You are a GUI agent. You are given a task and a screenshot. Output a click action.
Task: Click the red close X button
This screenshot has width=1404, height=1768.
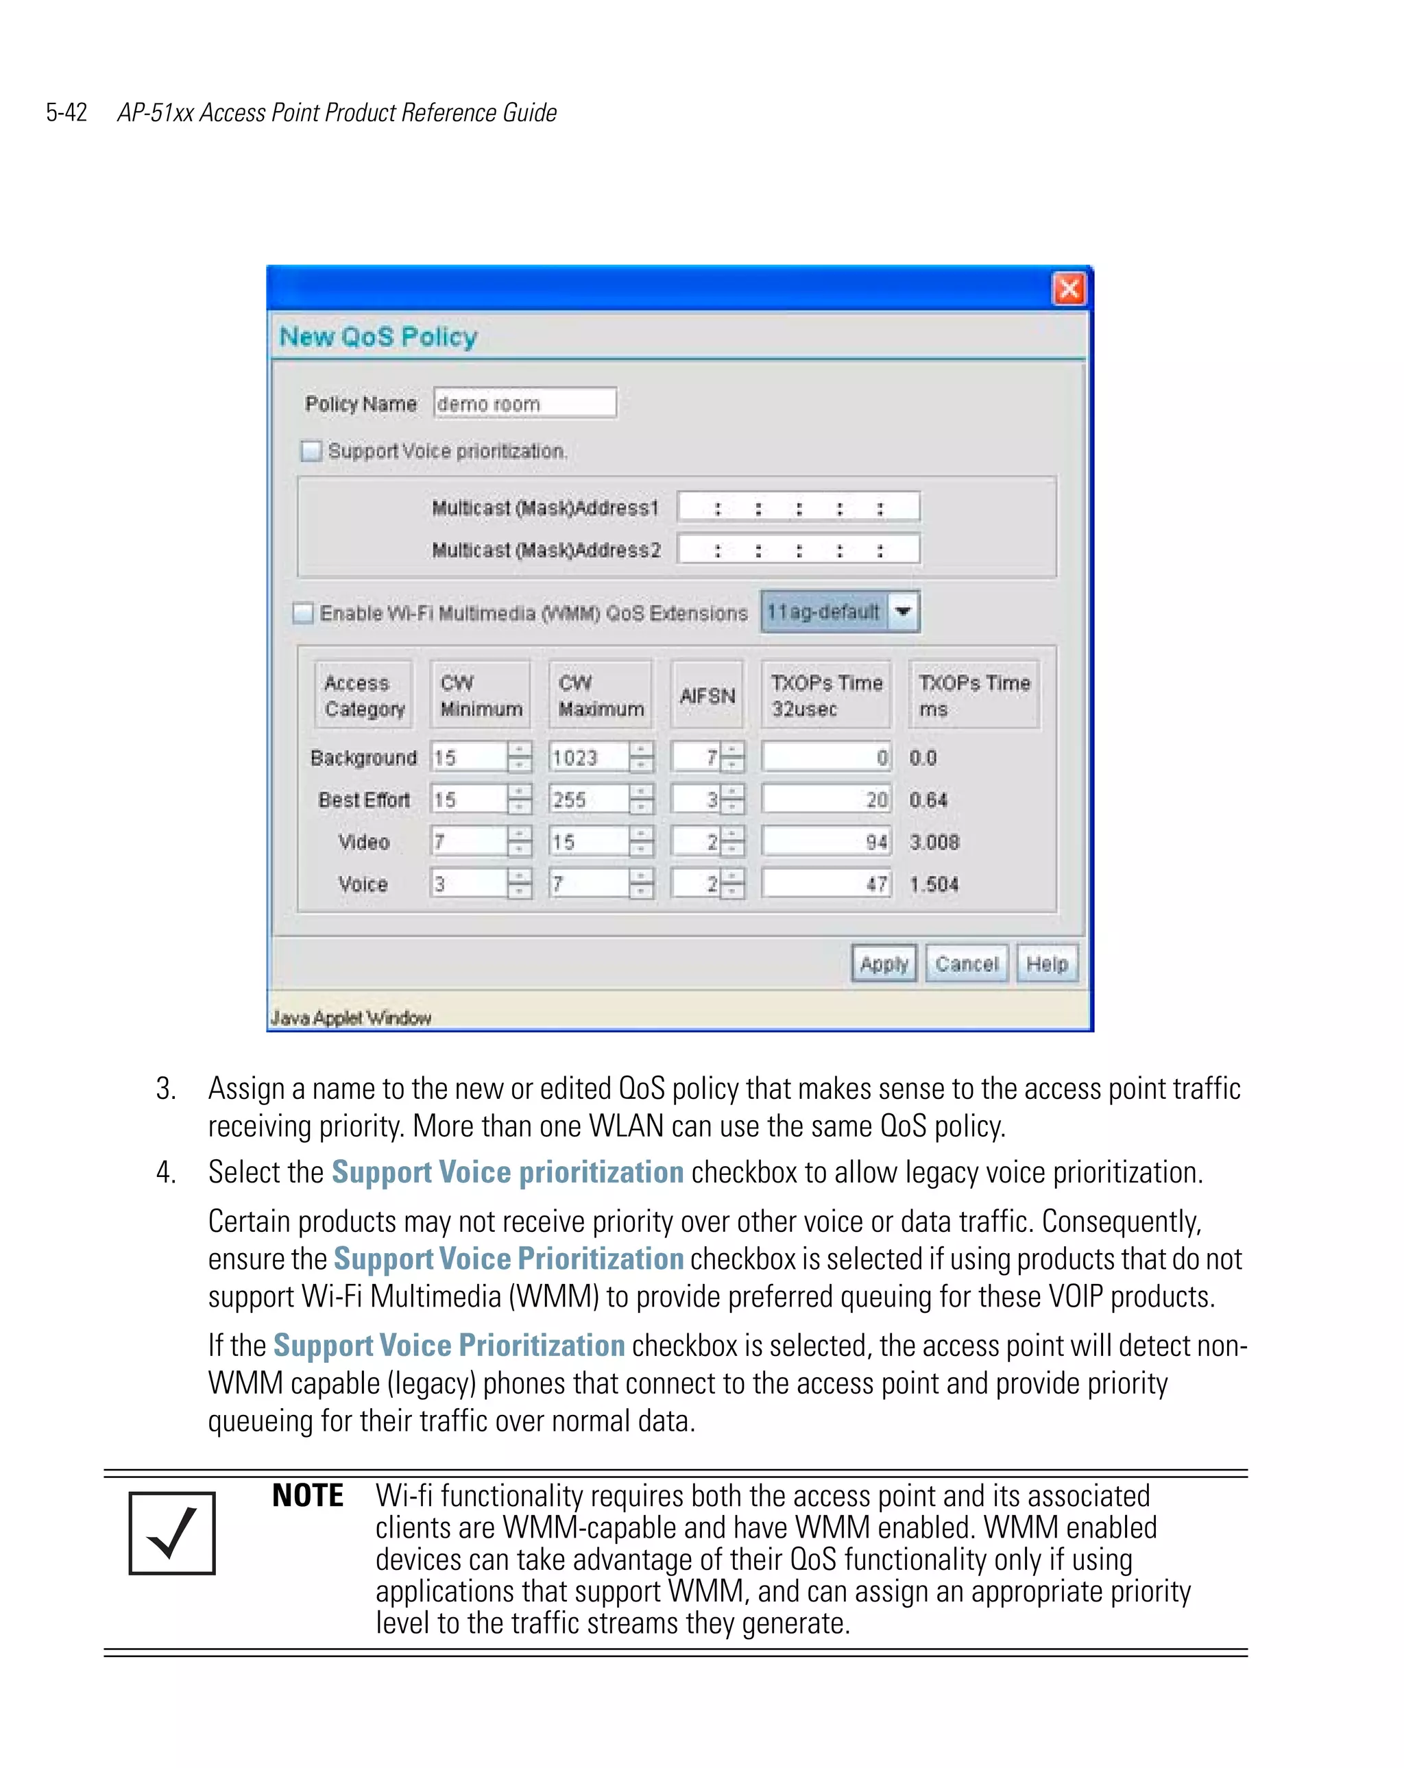1068,289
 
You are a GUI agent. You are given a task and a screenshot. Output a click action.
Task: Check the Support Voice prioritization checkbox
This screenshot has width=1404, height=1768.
311,451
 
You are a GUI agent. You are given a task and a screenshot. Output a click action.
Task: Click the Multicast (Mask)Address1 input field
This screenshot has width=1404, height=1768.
798,507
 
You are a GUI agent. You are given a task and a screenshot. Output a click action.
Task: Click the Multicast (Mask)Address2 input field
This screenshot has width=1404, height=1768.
798,549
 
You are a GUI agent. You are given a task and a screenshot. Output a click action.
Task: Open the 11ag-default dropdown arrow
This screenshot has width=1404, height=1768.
903,611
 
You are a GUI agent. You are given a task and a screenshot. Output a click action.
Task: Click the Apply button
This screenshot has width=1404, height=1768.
883,964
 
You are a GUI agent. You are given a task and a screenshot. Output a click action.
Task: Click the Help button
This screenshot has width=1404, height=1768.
1046,964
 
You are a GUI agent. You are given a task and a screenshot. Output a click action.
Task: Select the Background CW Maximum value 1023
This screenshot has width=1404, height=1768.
588,758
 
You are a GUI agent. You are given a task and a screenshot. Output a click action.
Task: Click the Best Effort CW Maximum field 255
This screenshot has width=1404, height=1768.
588,799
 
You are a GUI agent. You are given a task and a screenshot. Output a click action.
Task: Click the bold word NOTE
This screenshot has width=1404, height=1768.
308,1496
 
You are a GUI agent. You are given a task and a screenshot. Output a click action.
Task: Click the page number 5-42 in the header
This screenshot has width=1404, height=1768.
66,112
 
